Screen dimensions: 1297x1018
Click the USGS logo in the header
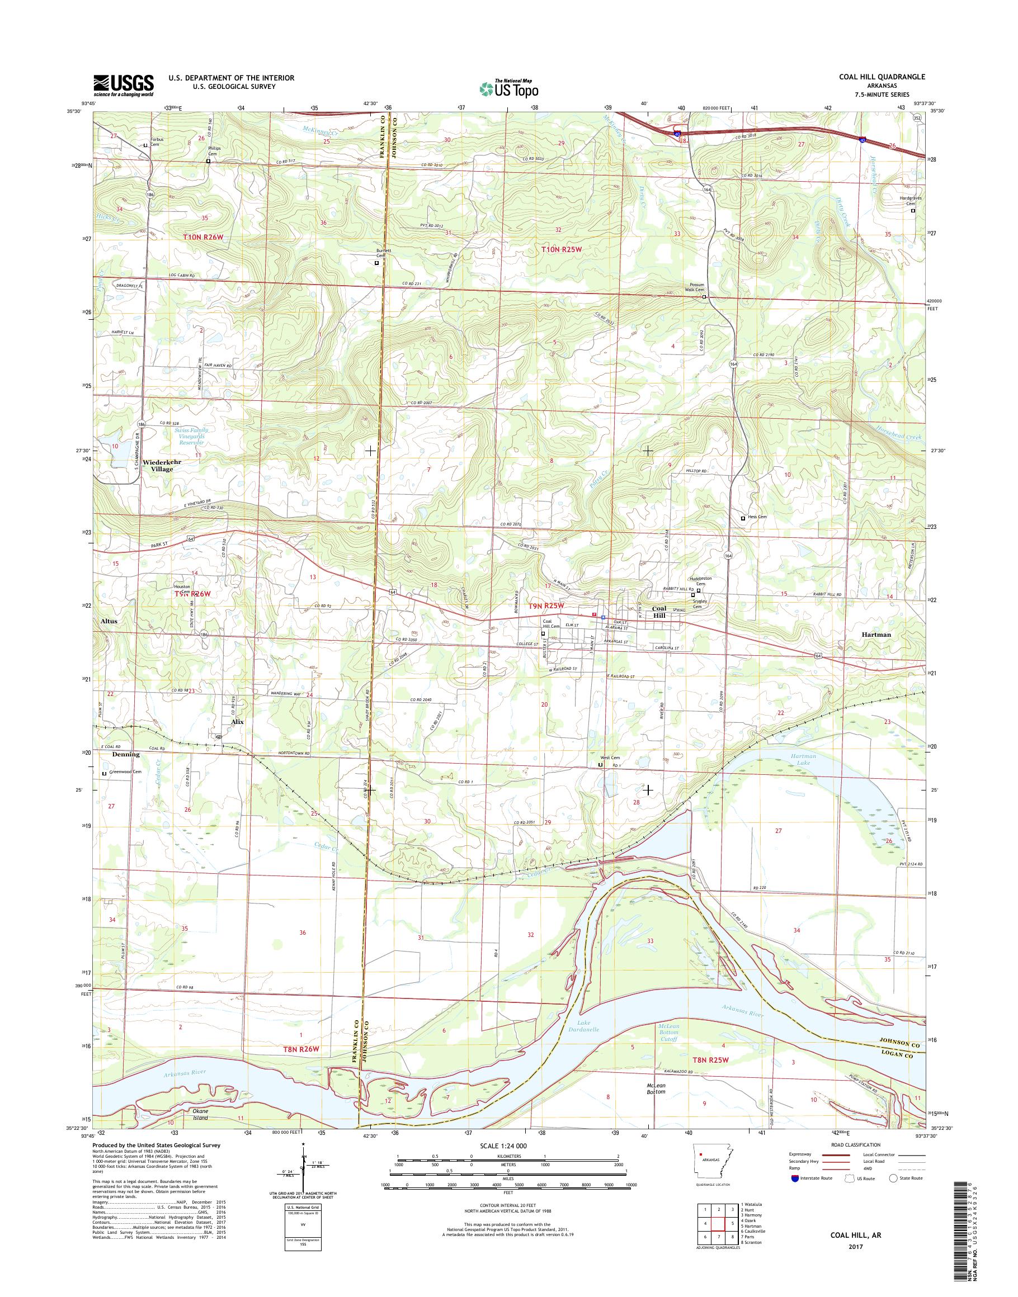[x=124, y=85]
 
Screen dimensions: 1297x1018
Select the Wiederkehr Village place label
[x=162, y=465]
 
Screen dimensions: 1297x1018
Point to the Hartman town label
[x=876, y=635]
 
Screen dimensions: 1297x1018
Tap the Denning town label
[x=126, y=754]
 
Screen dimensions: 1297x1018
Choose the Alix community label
[x=237, y=722]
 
